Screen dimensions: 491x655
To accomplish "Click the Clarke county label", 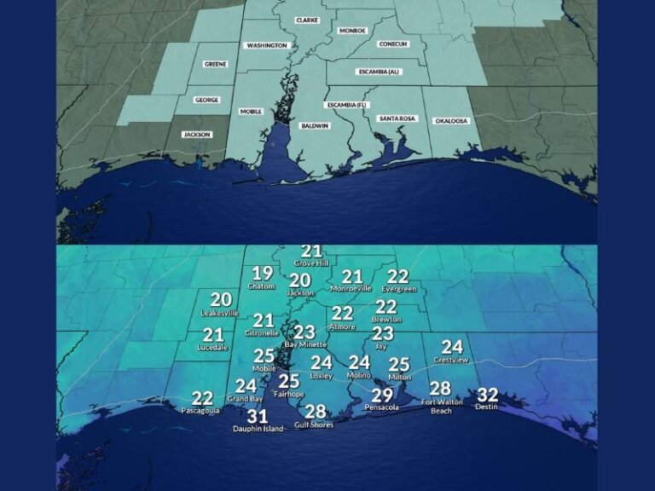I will point(307,20).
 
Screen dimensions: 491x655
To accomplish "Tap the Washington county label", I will point(266,45).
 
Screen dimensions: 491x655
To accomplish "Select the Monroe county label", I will point(352,31).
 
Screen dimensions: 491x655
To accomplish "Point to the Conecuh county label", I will point(392,43).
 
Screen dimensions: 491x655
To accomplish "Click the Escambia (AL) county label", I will point(380,72).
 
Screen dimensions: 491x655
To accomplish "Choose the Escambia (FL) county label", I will point(346,104).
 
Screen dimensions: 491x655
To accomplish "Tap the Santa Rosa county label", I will point(397,118).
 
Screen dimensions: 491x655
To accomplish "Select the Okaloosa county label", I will point(451,120).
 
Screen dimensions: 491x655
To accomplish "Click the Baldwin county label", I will point(315,126).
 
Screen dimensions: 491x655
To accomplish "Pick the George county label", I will point(206,100).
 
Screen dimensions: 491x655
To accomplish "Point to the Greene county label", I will point(215,64).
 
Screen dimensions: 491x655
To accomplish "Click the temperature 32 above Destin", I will point(487,396).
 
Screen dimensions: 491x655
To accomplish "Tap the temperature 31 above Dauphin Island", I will point(258,417).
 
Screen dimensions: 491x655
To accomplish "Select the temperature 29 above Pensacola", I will point(382,396).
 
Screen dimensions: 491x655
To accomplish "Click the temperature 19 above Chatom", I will point(262,274).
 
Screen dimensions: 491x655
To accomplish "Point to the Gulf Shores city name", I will point(313,425).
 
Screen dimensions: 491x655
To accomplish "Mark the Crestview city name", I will point(452,360).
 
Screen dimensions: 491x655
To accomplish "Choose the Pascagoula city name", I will point(201,410).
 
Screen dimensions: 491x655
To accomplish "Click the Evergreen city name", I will point(398,289).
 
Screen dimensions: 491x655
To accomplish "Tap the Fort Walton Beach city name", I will point(440,407).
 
